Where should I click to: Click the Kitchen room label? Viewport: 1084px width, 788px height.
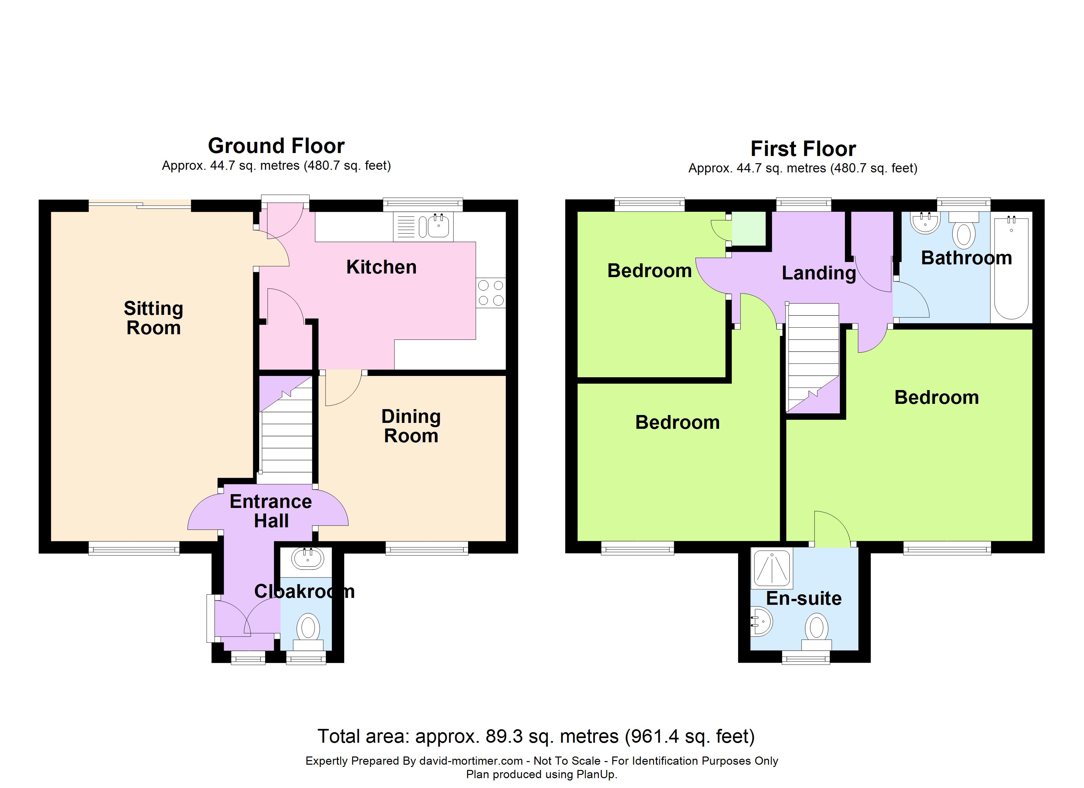pos(381,267)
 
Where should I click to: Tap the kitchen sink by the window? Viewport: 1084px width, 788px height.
pos(423,227)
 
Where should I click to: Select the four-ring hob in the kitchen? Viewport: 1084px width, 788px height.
pos(491,293)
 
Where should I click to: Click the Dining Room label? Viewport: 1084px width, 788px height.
pos(411,426)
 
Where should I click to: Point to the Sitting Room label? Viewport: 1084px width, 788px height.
pos(153,318)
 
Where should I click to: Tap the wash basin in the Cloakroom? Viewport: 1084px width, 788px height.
pos(308,558)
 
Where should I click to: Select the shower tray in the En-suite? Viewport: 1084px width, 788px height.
pos(771,568)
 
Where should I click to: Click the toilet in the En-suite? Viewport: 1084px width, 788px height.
pos(816,633)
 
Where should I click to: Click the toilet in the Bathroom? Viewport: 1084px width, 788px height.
pos(963,230)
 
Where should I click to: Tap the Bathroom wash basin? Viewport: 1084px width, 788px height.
pos(926,223)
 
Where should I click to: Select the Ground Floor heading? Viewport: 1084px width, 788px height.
pos(276,146)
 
